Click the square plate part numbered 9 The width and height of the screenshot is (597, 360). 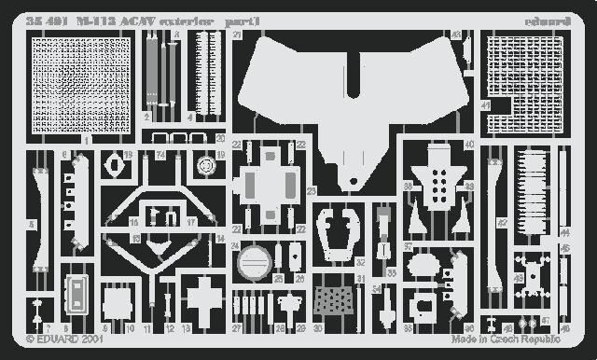(x=116, y=303)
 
